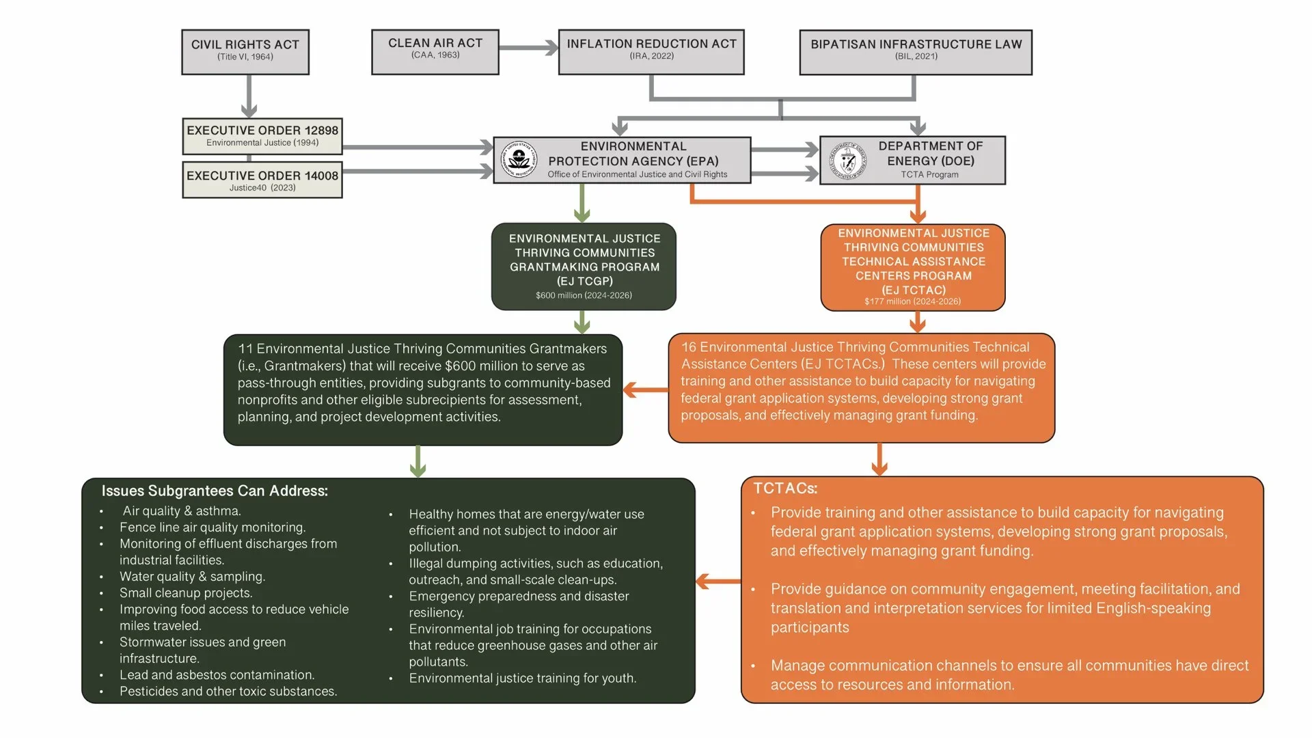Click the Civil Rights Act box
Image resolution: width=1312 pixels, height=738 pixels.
(x=245, y=51)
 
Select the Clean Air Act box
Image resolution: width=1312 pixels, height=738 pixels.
(x=435, y=51)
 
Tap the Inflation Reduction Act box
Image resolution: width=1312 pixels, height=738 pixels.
(x=651, y=51)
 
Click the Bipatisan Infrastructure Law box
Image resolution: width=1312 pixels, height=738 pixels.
(x=916, y=52)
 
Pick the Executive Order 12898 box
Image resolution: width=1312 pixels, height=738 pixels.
(x=262, y=136)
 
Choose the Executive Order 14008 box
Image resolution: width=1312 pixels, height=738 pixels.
(x=262, y=180)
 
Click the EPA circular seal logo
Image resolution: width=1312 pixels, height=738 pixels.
(x=519, y=160)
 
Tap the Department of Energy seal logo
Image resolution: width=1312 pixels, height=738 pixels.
(x=848, y=161)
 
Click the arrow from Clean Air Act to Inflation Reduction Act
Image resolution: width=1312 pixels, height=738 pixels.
(x=528, y=48)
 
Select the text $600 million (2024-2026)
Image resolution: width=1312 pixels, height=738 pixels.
(x=584, y=295)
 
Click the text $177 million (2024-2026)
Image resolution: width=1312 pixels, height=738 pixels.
(x=912, y=301)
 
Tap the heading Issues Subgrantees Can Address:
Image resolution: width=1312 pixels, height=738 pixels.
(x=215, y=491)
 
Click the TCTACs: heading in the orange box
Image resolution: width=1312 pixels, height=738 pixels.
(x=785, y=488)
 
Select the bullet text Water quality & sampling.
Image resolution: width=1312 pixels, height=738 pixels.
(x=192, y=576)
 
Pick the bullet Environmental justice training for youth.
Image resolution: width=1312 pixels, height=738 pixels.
(x=522, y=678)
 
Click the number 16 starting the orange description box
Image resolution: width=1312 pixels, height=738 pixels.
(x=688, y=347)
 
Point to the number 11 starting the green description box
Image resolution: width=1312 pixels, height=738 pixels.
(x=245, y=348)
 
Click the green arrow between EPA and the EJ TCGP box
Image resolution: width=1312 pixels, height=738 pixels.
(x=582, y=203)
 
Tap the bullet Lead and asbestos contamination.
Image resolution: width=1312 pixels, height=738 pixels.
(x=217, y=674)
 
